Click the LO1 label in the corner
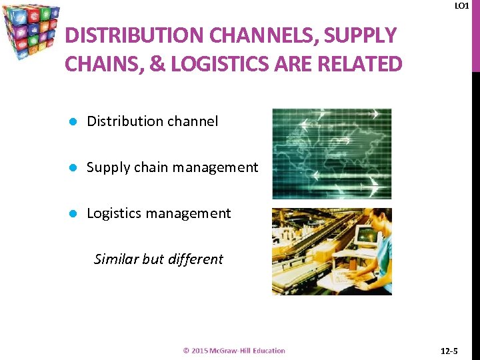click(461, 6)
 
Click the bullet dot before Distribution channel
click(75, 121)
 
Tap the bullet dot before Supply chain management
click(75, 167)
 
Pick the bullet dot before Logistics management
click(75, 213)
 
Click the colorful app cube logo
click(31, 31)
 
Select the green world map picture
click(331, 153)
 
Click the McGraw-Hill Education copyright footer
click(234, 351)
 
